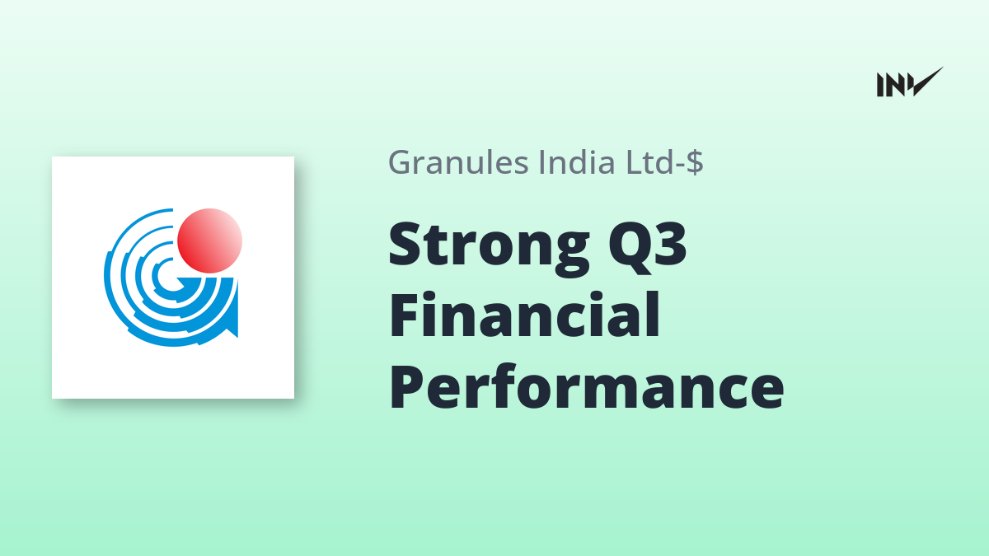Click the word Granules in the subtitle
458,162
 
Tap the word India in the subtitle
577,161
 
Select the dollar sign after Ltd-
695,162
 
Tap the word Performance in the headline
587,387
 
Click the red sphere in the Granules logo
209,241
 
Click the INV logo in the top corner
910,82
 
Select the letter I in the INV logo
880,85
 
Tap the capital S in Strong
405,244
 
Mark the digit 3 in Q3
670,243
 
